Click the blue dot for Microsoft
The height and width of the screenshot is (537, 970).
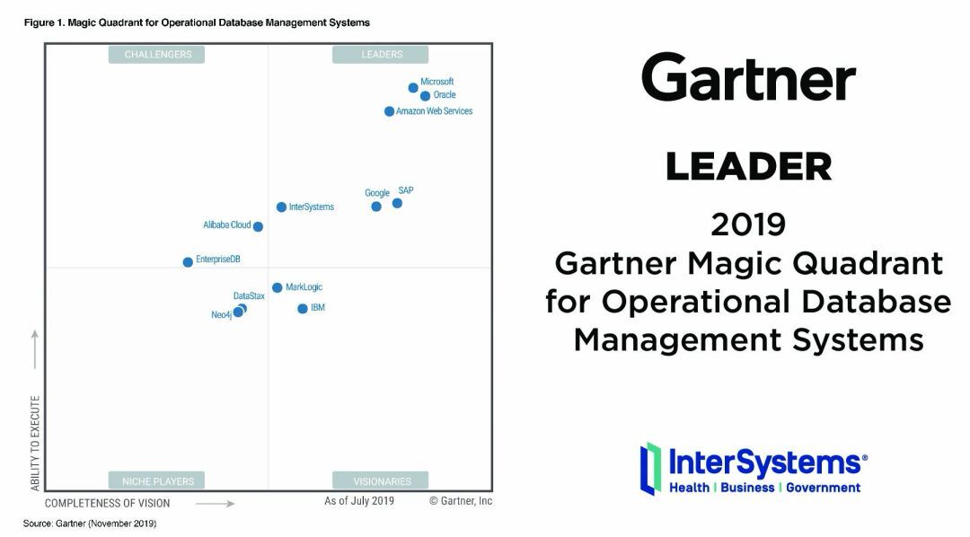(x=413, y=88)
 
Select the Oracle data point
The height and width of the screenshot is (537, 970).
(x=425, y=96)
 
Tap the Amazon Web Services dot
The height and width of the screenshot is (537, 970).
(x=389, y=111)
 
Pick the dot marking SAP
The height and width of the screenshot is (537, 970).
(x=397, y=203)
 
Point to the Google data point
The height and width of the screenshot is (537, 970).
(x=376, y=206)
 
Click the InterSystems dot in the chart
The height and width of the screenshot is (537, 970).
(x=281, y=207)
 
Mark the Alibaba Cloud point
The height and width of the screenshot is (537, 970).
(x=258, y=226)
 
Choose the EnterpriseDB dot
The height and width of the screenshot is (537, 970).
(x=188, y=262)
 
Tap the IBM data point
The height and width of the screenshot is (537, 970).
(x=303, y=309)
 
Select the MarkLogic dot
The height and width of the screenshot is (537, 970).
(x=278, y=287)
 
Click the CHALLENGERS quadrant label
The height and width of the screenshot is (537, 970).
(x=156, y=55)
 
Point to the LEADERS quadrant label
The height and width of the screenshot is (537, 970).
(x=381, y=55)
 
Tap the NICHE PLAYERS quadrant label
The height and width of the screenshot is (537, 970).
(x=156, y=480)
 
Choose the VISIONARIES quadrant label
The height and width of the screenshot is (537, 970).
(x=381, y=480)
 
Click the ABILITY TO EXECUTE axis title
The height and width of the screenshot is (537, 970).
(x=35, y=443)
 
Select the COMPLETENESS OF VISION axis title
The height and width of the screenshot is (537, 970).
(x=107, y=504)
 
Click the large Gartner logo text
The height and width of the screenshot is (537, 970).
(x=748, y=77)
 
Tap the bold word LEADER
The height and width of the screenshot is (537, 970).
(x=748, y=166)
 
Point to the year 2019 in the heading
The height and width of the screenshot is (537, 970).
(x=748, y=224)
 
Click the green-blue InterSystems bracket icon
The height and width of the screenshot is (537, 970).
(x=650, y=469)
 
